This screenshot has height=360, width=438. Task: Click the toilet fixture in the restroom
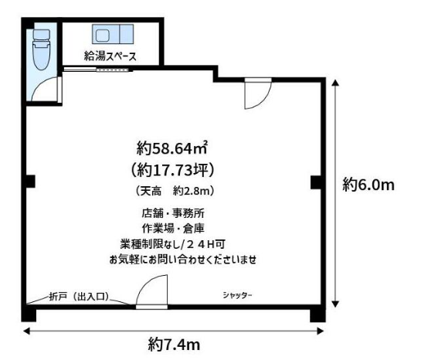point(42,49)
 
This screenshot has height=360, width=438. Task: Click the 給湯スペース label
point(110,56)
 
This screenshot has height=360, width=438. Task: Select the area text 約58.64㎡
point(171,148)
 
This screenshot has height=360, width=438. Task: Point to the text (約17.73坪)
point(172,170)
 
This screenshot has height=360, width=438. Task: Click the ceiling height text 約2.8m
point(194,191)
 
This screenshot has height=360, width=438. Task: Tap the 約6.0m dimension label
point(368,185)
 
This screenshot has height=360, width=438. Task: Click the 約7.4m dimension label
point(174,344)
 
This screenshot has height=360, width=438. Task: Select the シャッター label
point(237,295)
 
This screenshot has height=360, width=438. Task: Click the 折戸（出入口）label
point(79,297)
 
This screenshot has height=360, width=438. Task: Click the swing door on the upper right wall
point(258,93)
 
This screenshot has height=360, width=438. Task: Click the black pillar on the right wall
point(316,182)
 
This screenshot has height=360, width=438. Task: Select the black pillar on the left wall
point(30,182)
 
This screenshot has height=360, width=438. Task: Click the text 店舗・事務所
point(173,213)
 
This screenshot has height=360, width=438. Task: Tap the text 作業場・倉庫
point(173,229)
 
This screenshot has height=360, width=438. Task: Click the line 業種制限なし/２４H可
point(172,244)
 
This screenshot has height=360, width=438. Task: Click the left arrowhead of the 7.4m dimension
point(27,331)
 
